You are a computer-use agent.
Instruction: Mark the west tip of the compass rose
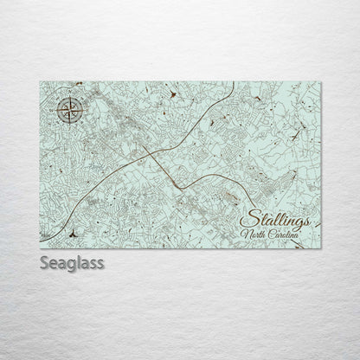[54, 109]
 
